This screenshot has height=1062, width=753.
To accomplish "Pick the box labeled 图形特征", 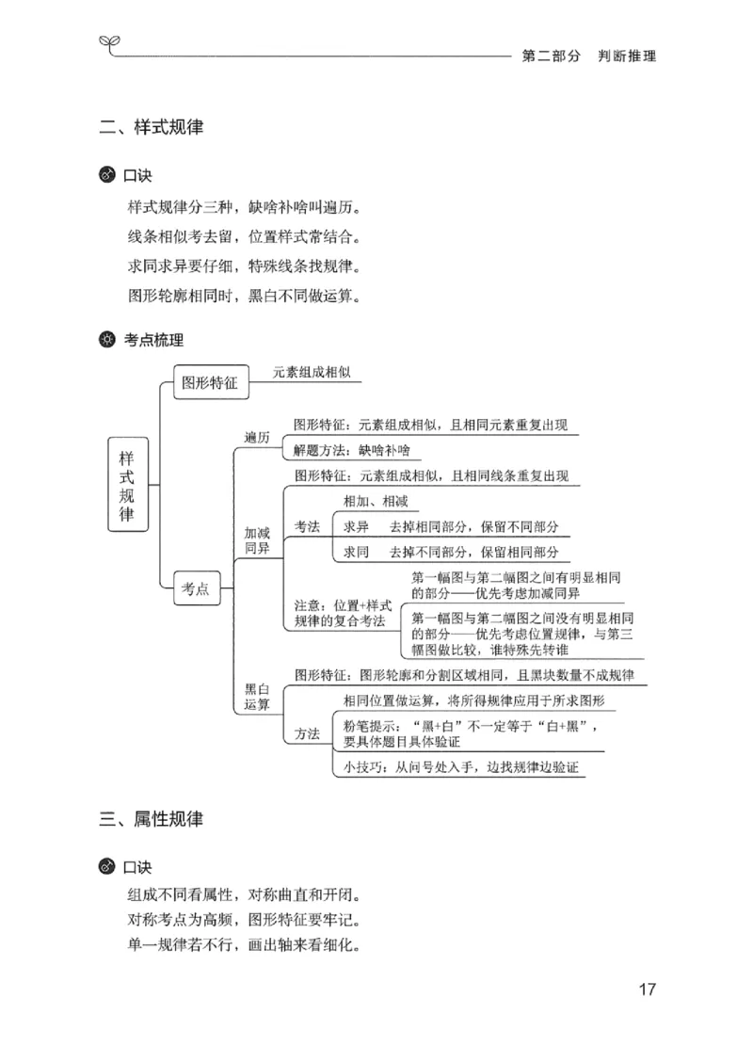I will tap(208, 383).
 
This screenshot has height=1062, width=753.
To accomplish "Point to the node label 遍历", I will tap(257, 438).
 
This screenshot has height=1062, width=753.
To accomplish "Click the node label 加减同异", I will tap(257, 539).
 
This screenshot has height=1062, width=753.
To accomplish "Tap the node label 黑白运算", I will tap(257, 696).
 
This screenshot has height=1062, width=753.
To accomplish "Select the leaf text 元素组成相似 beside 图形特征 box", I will tap(312, 373).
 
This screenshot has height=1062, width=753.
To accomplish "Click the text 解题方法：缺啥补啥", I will tap(352, 449).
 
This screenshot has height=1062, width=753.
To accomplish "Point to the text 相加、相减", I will tap(376, 501).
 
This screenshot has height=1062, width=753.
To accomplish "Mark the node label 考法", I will tap(307, 526).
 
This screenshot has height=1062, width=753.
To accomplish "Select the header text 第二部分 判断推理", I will tap(588, 56).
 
